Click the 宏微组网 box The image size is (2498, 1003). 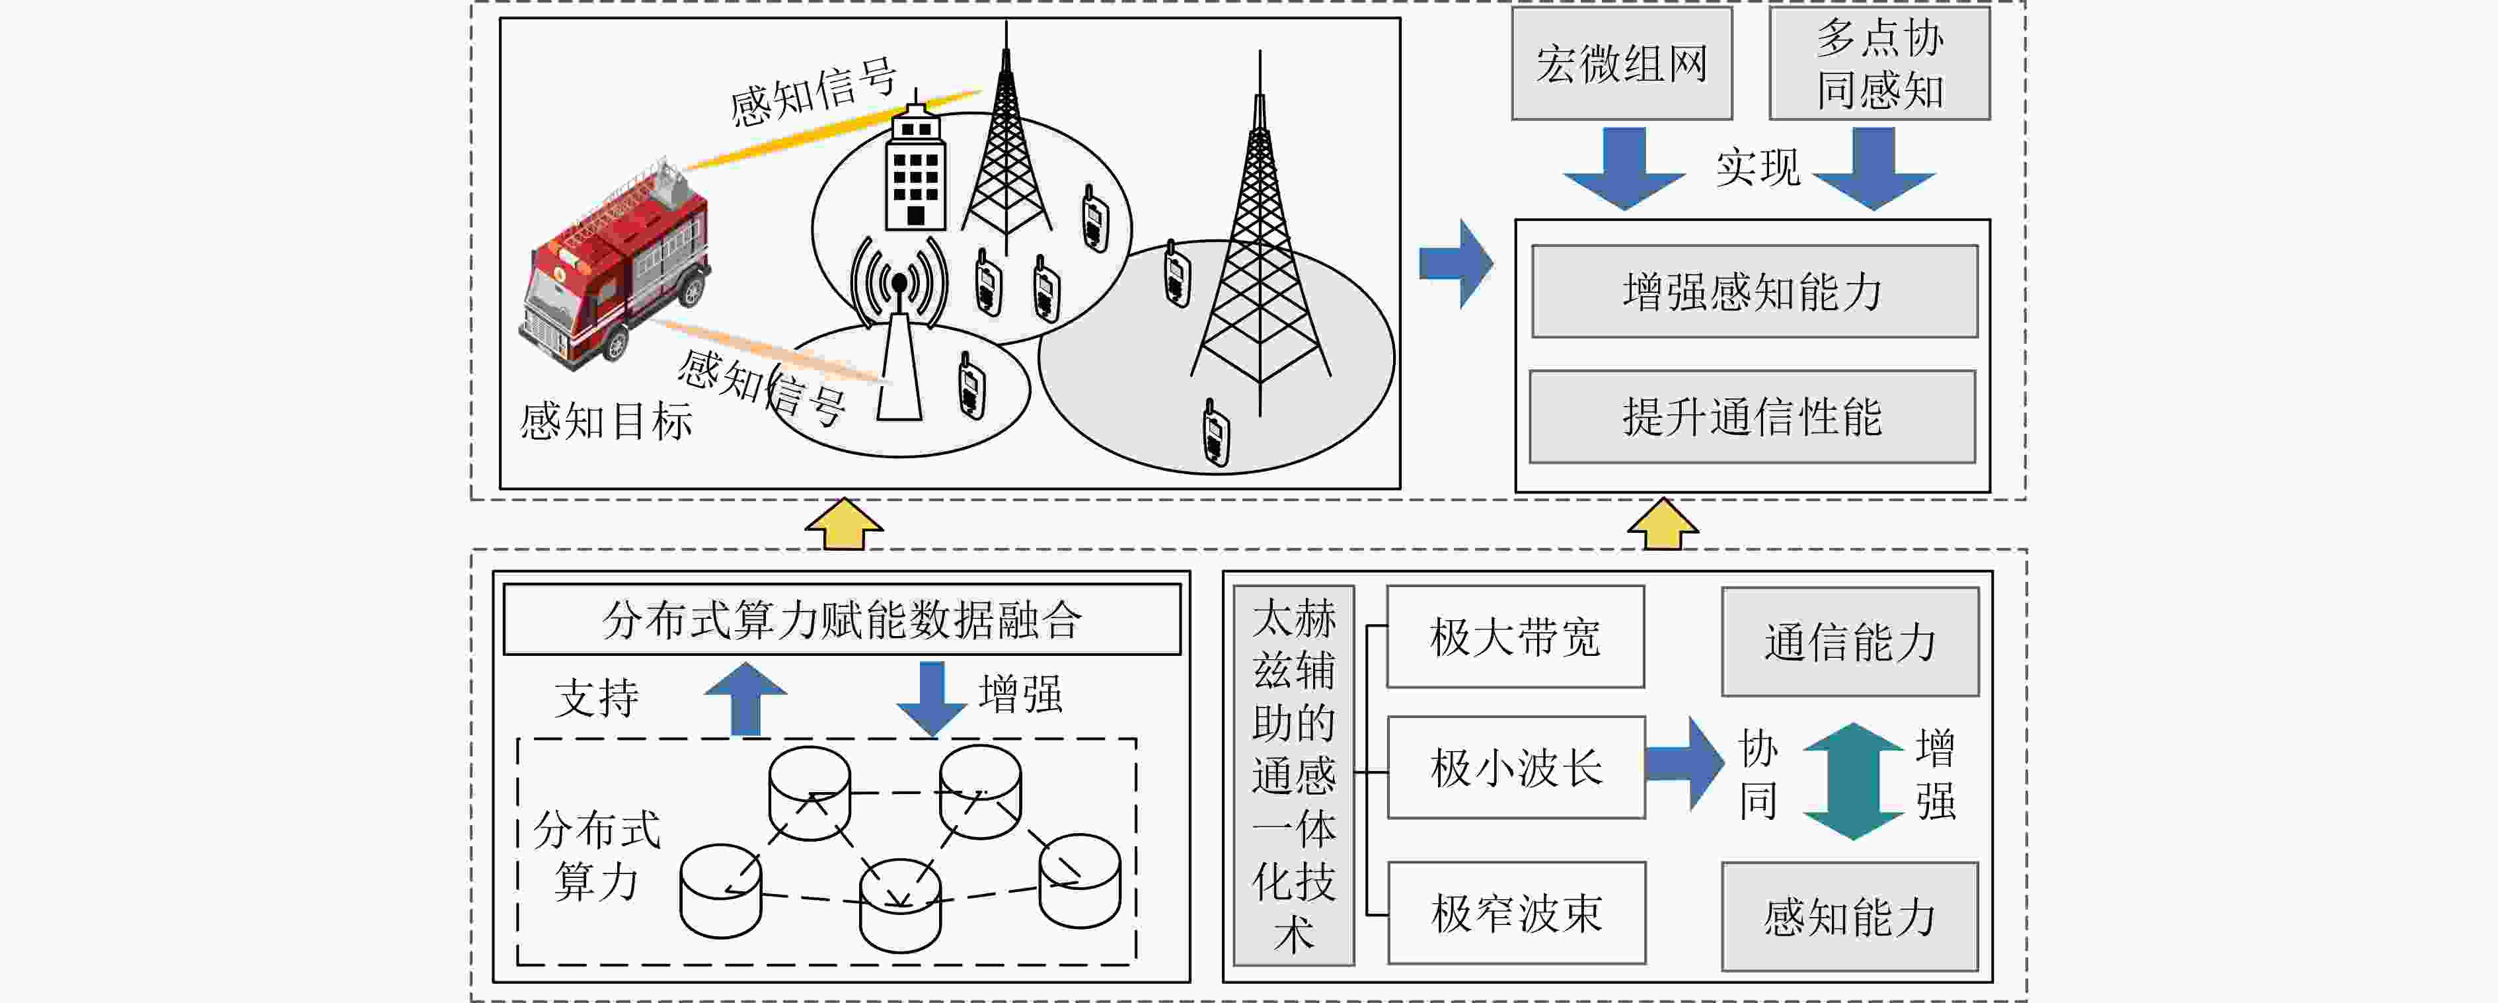(1621, 64)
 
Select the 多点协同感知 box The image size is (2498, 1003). (1879, 64)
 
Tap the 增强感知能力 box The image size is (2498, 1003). (1755, 291)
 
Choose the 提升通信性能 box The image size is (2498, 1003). (1753, 416)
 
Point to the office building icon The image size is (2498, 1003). (915, 165)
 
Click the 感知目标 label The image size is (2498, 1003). (606, 422)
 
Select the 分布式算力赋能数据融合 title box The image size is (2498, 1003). (842, 619)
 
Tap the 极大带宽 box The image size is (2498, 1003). (1515, 636)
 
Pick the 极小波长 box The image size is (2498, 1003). (1516, 767)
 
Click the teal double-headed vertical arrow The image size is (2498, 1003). (1852, 781)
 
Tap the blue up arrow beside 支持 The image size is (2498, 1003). (745, 698)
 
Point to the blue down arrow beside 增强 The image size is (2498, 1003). (931, 698)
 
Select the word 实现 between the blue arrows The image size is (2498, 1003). (1757, 168)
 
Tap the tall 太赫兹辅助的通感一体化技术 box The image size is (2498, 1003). (1294, 775)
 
